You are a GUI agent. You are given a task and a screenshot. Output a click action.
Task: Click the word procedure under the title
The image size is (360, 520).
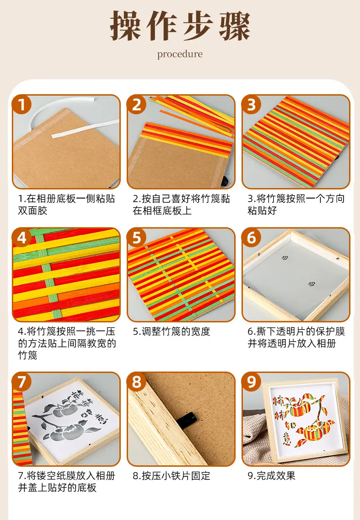[x=180, y=54]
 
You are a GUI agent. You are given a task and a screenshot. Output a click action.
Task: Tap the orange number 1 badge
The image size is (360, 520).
[x=22, y=104]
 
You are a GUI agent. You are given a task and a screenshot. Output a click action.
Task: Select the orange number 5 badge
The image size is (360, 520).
[x=137, y=237]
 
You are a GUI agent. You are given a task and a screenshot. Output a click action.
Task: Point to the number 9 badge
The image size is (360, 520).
[x=252, y=382]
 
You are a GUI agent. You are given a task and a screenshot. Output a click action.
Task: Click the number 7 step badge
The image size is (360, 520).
[x=22, y=382]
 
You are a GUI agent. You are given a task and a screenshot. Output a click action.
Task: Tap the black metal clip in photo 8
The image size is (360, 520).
[x=186, y=418]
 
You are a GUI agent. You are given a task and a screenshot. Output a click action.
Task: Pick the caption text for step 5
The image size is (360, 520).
[x=171, y=331]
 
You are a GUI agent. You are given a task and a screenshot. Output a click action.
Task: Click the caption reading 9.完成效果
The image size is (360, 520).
[x=272, y=476]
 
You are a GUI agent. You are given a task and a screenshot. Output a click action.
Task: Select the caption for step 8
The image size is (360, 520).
[x=171, y=476]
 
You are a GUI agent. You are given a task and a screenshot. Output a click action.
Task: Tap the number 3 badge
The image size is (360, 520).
[x=252, y=104]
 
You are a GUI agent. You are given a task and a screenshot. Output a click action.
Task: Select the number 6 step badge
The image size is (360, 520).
[x=252, y=237]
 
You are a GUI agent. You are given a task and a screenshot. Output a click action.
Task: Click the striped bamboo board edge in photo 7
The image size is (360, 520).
[x=22, y=428]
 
